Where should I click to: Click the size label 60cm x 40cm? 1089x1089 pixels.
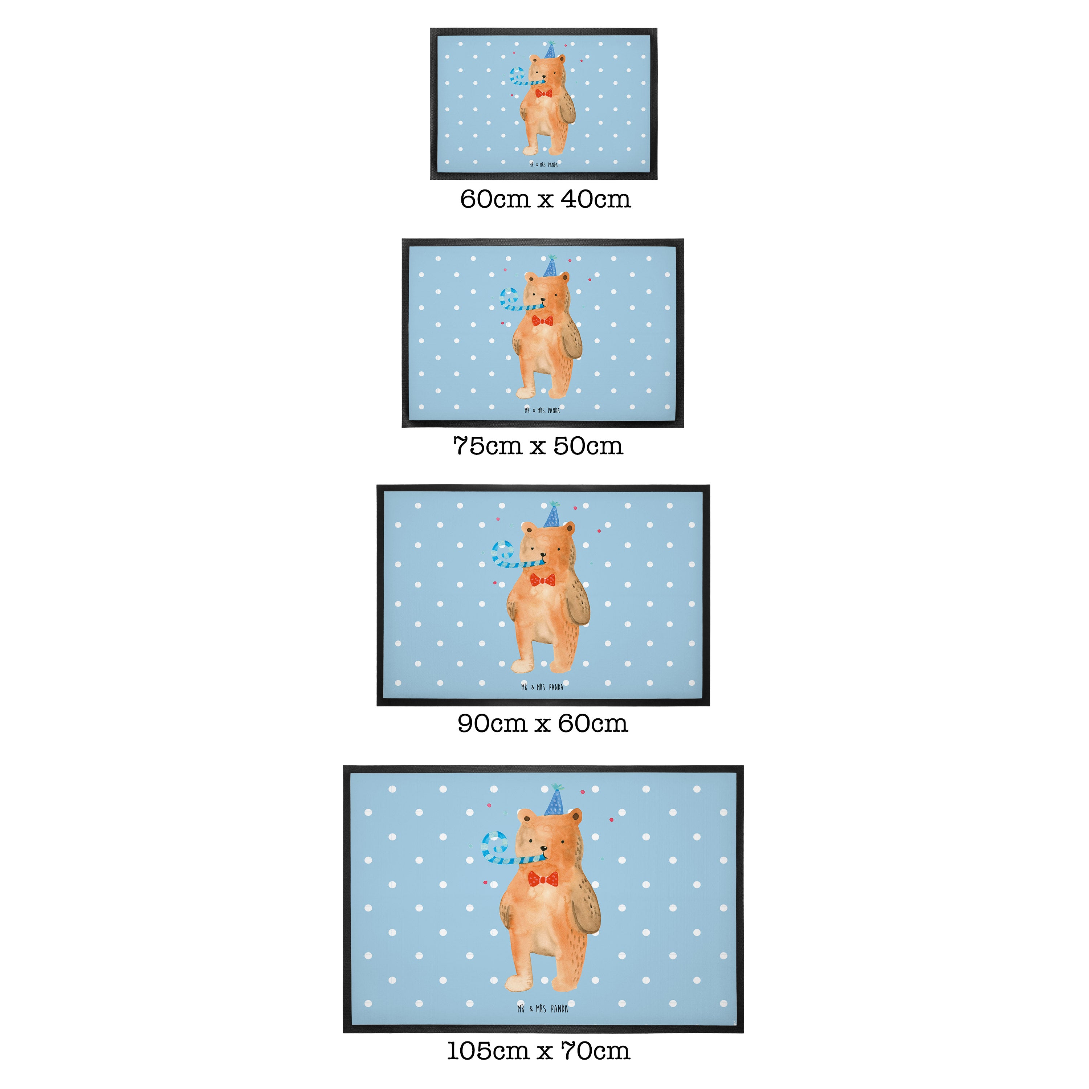pyautogui.click(x=545, y=199)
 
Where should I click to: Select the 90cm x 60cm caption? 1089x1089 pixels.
pyautogui.click(x=542, y=723)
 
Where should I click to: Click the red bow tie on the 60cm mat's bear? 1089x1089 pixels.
pyautogui.click(x=544, y=93)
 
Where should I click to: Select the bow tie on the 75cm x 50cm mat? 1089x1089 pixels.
pyautogui.click(x=542, y=321)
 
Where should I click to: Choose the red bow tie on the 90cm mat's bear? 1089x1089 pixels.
pyautogui.click(x=542, y=579)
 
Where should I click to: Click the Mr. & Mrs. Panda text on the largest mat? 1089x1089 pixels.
pyautogui.click(x=542, y=1008)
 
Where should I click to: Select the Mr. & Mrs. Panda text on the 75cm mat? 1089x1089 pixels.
pyautogui.click(x=542, y=410)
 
